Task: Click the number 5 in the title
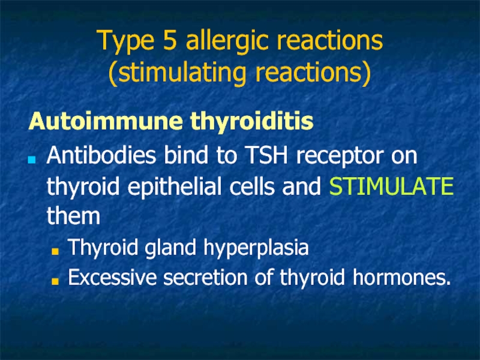pos(170,40)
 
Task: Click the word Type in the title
pos(125,42)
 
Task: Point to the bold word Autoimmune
pos(106,121)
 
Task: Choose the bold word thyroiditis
pos(251,122)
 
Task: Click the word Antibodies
pos(101,155)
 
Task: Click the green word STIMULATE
pos(391,186)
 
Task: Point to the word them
pos(73,215)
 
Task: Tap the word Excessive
pos(112,277)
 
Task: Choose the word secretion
pos(205,277)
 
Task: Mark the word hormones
pos(401,277)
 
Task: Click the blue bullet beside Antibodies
pos(32,160)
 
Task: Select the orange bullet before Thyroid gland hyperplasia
pos(55,251)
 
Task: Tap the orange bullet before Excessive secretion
pos(55,281)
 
